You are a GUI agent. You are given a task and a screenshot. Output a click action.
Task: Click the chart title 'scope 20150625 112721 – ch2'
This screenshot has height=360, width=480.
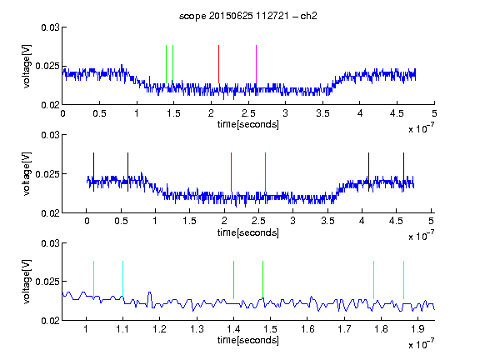(x=248, y=16)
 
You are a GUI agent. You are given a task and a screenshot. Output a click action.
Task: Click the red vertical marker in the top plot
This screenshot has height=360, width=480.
(x=218, y=64)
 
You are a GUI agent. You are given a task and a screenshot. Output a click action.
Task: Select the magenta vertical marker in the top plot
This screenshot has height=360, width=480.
(x=256, y=64)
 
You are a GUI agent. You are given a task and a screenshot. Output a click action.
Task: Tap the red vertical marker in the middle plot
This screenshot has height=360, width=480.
(x=231, y=172)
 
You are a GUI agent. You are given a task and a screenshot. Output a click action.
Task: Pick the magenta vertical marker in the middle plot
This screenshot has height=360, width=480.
(x=265, y=172)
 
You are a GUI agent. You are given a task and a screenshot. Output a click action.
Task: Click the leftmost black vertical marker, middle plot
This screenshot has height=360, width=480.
(x=93, y=172)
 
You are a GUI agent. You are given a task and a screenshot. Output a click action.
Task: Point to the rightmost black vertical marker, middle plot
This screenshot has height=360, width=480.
(x=403, y=172)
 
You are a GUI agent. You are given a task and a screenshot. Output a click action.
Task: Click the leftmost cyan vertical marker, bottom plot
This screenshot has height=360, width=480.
(x=93, y=280)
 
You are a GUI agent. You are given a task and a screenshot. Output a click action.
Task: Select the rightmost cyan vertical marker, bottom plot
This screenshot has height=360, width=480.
(x=403, y=280)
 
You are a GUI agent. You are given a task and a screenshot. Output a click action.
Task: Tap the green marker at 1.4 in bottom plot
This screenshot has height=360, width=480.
(x=233, y=280)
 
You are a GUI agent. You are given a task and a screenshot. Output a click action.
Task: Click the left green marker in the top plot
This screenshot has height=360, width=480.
(x=166, y=64)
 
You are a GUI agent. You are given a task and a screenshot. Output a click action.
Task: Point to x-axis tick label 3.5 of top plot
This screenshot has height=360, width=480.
(x=322, y=113)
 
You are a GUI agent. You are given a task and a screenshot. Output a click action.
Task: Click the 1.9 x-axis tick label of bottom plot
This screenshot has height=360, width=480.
(x=417, y=329)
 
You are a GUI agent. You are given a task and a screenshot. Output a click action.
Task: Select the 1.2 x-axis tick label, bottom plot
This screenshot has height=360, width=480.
(x=159, y=329)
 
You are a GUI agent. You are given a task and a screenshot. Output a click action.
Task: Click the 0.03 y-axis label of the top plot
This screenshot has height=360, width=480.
(x=50, y=27)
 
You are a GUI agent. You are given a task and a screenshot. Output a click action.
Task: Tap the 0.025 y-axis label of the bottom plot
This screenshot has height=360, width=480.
(x=47, y=282)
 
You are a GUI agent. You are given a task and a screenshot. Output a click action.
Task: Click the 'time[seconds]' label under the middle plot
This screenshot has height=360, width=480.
(x=248, y=232)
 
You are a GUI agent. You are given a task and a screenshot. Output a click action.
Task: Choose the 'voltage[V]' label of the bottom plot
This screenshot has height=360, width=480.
(x=27, y=282)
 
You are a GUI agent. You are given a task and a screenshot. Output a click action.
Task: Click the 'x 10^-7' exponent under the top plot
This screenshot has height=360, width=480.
(x=421, y=128)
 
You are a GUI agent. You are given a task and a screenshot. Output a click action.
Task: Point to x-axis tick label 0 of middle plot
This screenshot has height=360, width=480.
(x=87, y=221)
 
